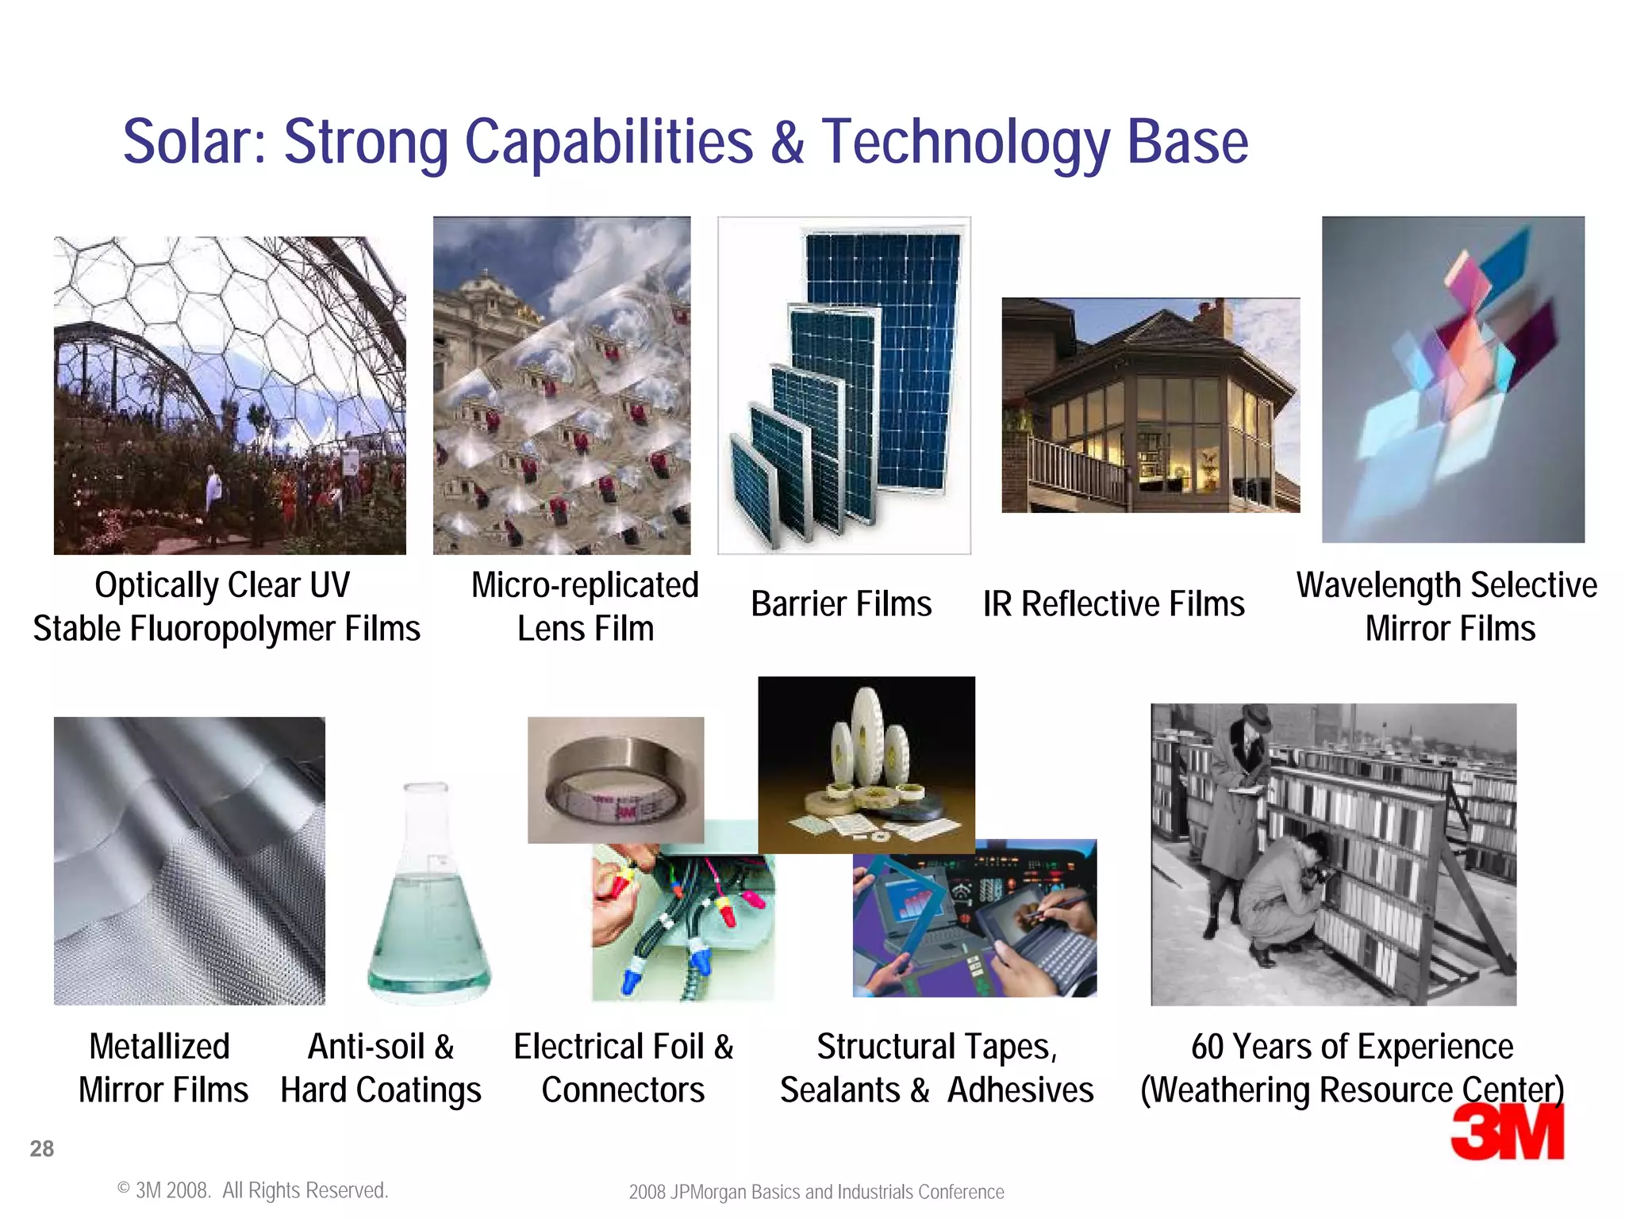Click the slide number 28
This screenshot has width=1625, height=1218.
pos(42,1148)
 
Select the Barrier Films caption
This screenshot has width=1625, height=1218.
pos(841,604)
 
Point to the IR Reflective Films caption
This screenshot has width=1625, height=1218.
pos(1113,604)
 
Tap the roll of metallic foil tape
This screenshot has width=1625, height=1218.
pos(616,781)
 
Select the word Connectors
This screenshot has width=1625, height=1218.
pos(623,1090)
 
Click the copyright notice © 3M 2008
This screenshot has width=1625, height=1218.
pos(252,1190)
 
